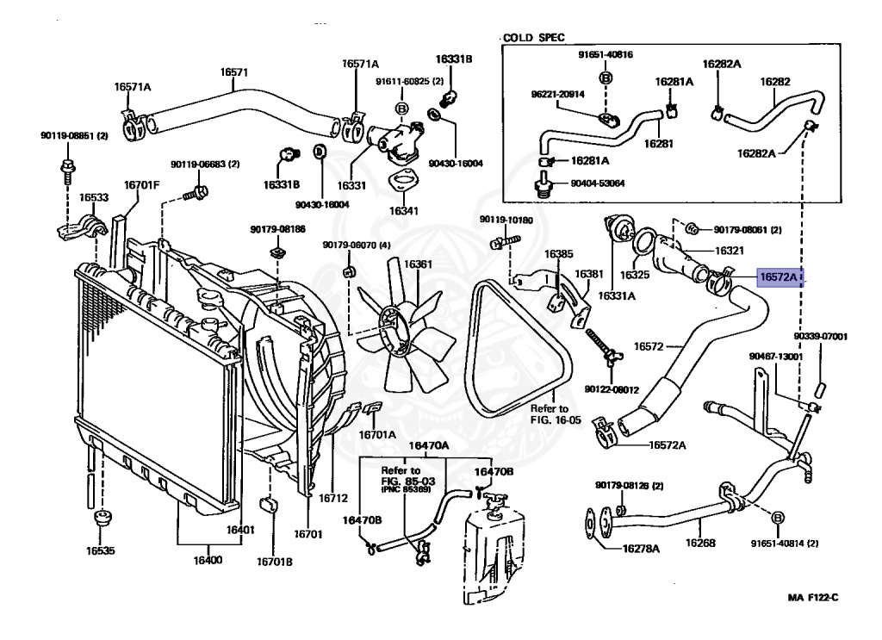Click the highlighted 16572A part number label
pyautogui.click(x=780, y=277)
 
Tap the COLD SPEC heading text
pyautogui.click(x=533, y=38)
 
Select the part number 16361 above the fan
pyautogui.click(x=418, y=264)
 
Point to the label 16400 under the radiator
pyautogui.click(x=208, y=560)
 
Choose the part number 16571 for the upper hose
pyautogui.click(x=234, y=72)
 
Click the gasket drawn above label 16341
pyautogui.click(x=402, y=183)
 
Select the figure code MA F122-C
pyautogui.click(x=813, y=597)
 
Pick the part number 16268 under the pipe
pyautogui.click(x=700, y=543)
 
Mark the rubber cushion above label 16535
pyautogui.click(x=102, y=518)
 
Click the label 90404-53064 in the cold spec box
pyautogui.click(x=598, y=183)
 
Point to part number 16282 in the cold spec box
pyautogui.click(x=775, y=82)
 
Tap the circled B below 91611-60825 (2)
pyautogui.click(x=402, y=109)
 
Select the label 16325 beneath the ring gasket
pyautogui.click(x=635, y=275)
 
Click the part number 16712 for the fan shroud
pyautogui.click(x=333, y=498)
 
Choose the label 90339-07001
pyautogui.click(x=821, y=336)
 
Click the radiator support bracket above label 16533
pyautogui.click(x=82, y=226)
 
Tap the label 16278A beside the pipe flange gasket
pyautogui.click(x=641, y=548)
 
